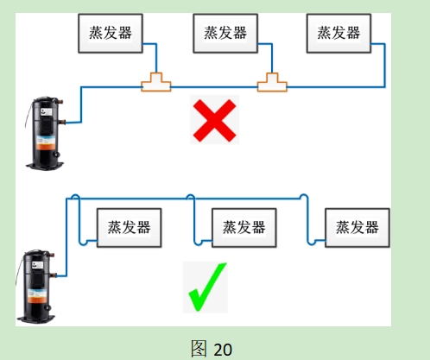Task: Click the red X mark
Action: (213, 121)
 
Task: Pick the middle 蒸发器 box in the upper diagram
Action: (224, 32)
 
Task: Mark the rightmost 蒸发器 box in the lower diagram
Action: (357, 227)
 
